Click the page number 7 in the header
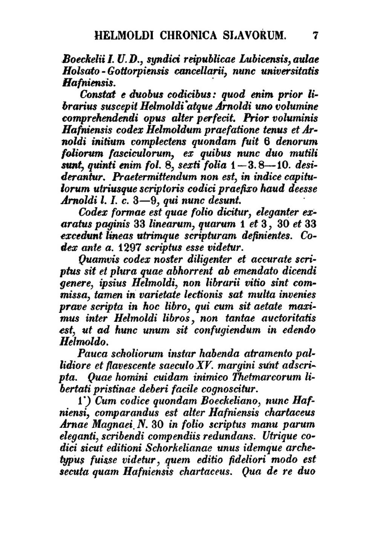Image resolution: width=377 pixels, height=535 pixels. coord(316,36)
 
